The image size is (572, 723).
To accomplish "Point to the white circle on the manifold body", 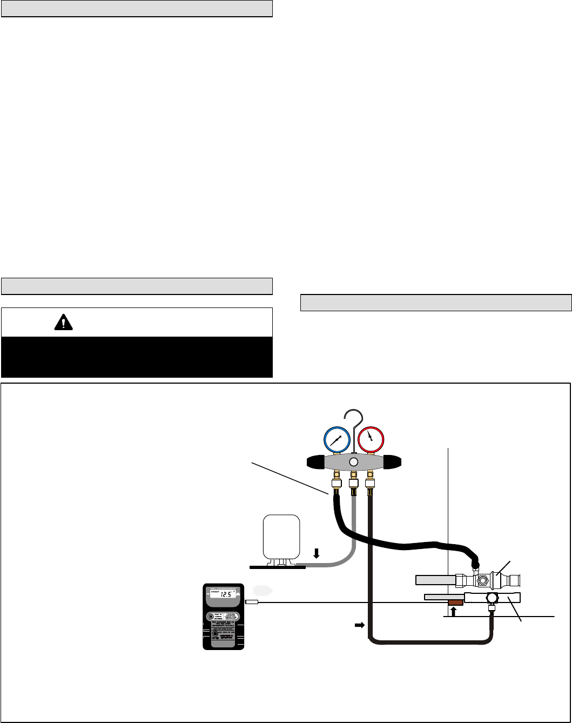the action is click(x=353, y=462).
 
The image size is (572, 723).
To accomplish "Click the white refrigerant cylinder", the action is click(x=280, y=536).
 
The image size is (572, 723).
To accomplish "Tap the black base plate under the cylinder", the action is click(x=273, y=567).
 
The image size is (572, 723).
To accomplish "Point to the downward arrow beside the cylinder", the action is click(x=317, y=553).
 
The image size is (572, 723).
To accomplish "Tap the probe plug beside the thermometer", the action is click(x=252, y=601).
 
